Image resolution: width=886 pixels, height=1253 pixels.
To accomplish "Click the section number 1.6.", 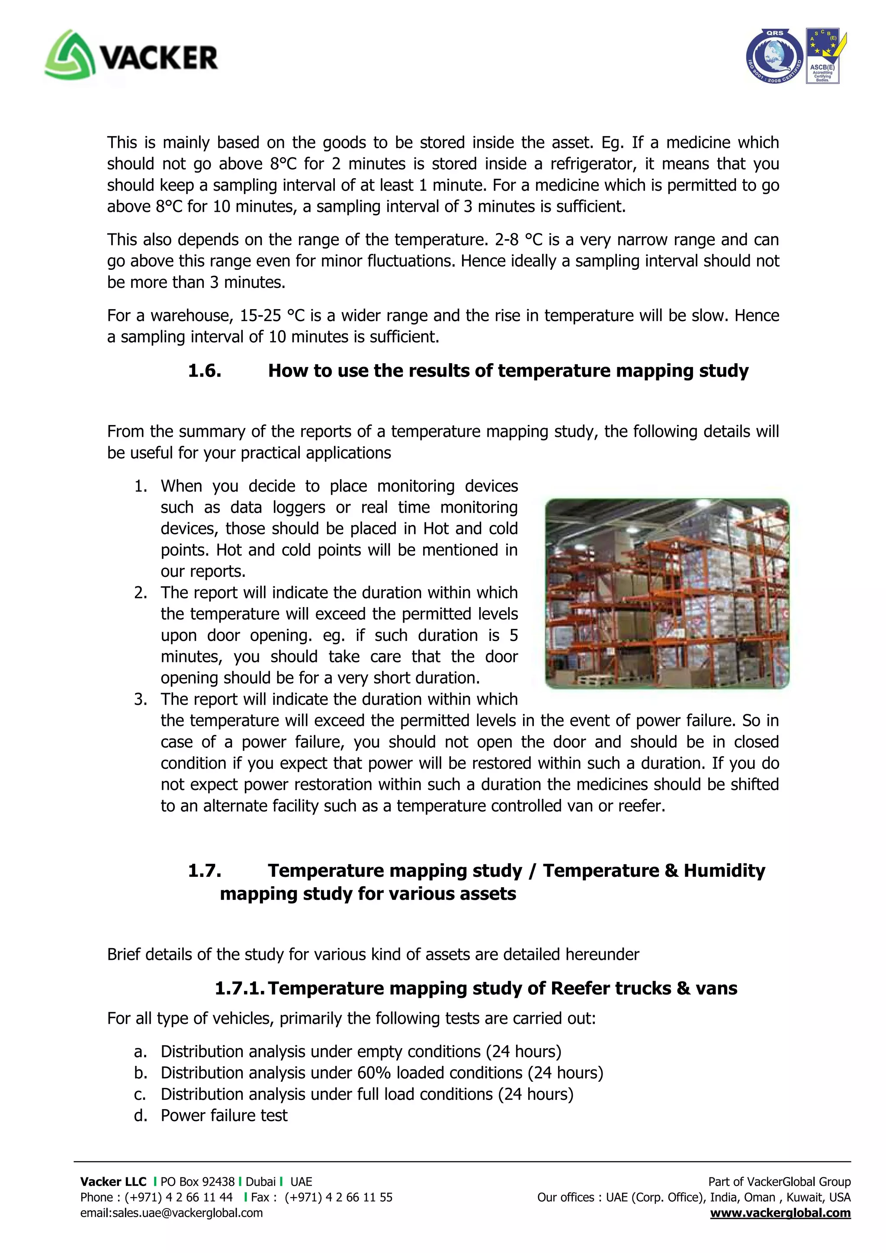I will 204,371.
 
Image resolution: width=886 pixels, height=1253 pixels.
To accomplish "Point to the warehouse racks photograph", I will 667,593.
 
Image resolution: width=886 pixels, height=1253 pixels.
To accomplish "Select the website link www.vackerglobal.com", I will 780,1213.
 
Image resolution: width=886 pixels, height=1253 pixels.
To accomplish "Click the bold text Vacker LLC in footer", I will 113,1182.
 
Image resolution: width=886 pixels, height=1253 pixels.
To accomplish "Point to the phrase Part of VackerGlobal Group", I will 779,1182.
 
